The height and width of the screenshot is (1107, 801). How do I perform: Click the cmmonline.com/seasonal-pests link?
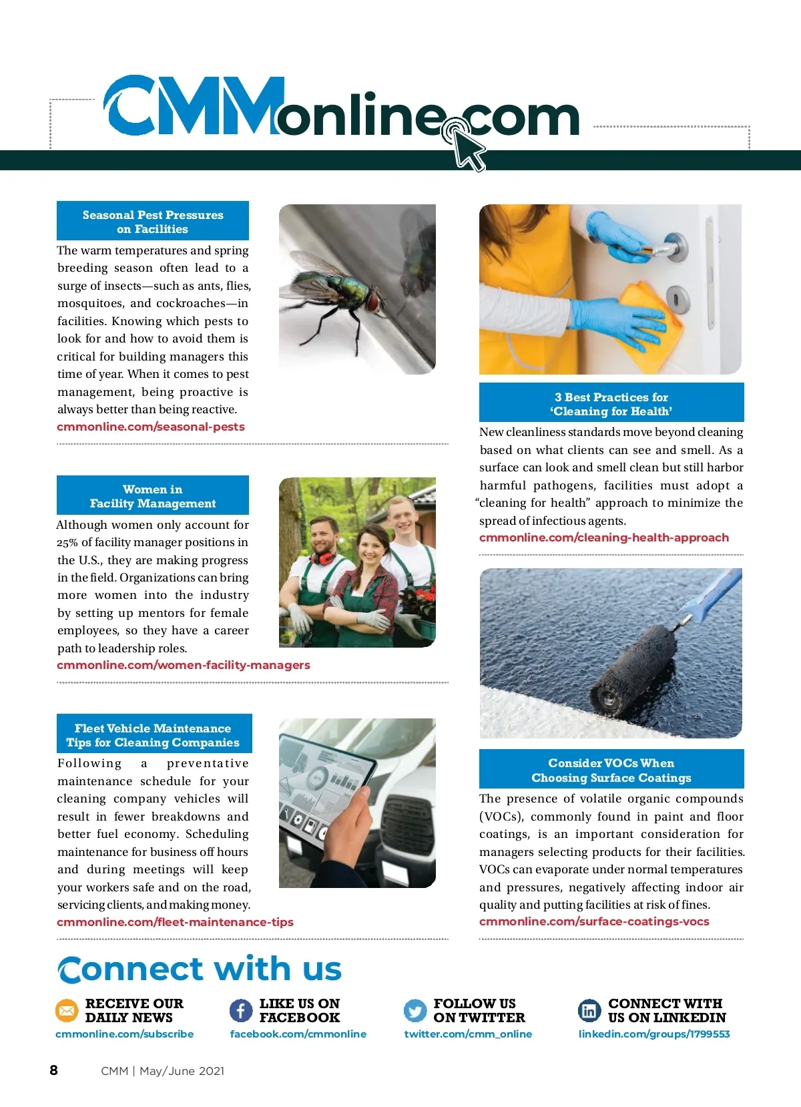[151, 427]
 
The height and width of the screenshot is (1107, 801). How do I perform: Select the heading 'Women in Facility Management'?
[153, 496]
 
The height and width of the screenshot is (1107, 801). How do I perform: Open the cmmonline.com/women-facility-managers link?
[184, 665]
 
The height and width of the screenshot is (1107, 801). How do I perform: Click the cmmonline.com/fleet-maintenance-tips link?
[175, 922]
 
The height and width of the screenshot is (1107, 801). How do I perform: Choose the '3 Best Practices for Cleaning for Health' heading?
[611, 404]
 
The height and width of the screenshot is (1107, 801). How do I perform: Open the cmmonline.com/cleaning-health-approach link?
[604, 537]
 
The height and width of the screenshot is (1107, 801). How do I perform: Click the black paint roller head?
[634, 668]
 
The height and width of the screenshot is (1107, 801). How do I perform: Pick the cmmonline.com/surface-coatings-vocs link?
[594, 921]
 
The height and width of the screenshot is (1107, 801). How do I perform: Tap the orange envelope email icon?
[67, 1011]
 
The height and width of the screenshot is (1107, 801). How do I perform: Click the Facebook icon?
[241, 1011]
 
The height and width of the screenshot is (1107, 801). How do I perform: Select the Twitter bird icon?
[415, 1011]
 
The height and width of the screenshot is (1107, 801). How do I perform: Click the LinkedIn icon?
[589, 1011]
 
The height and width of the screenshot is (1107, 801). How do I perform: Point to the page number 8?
[54, 1070]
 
